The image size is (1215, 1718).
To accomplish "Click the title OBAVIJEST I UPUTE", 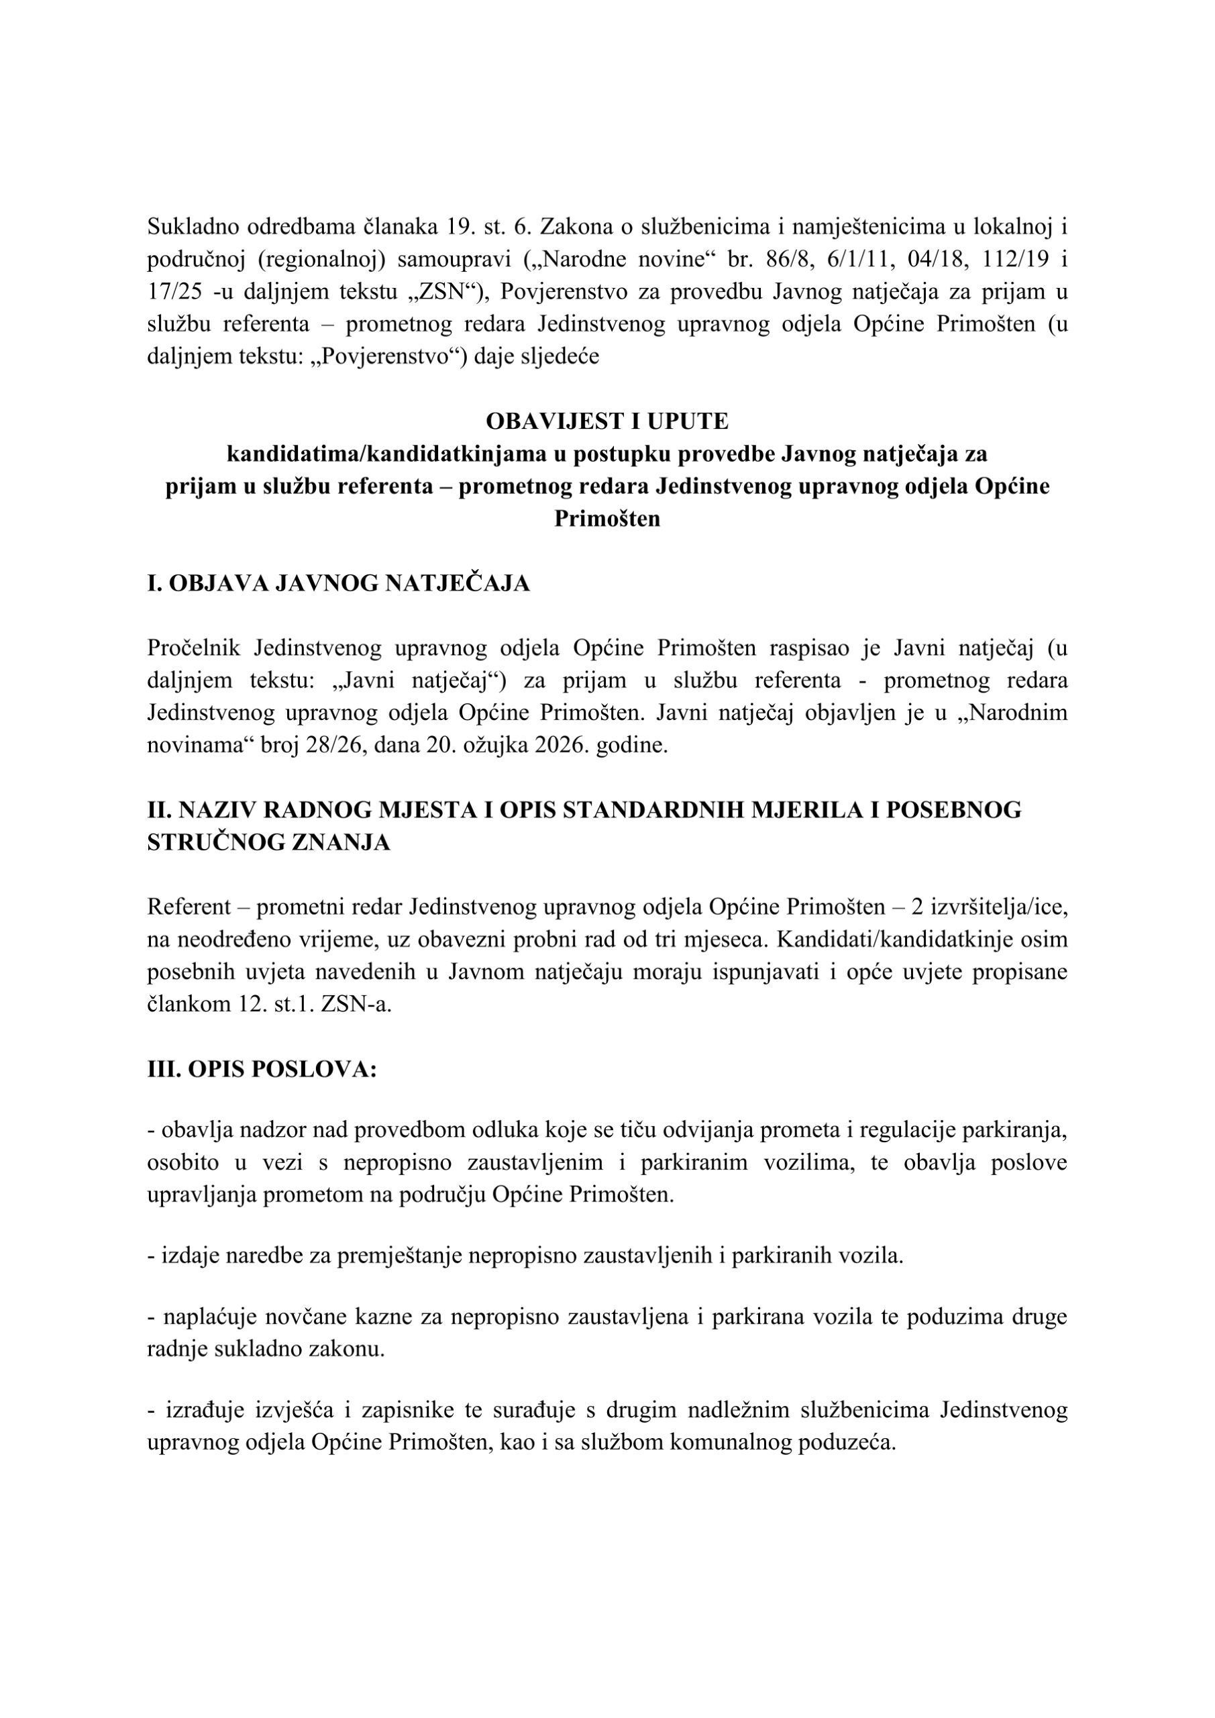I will pyautogui.click(x=606, y=421).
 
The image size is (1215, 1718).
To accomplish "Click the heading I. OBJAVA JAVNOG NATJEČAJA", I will pyautogui.click(x=338, y=584).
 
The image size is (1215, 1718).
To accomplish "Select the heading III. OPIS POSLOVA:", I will pyautogui.click(x=262, y=1069).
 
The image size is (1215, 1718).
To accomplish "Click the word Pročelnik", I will pyautogui.click(x=195, y=648).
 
